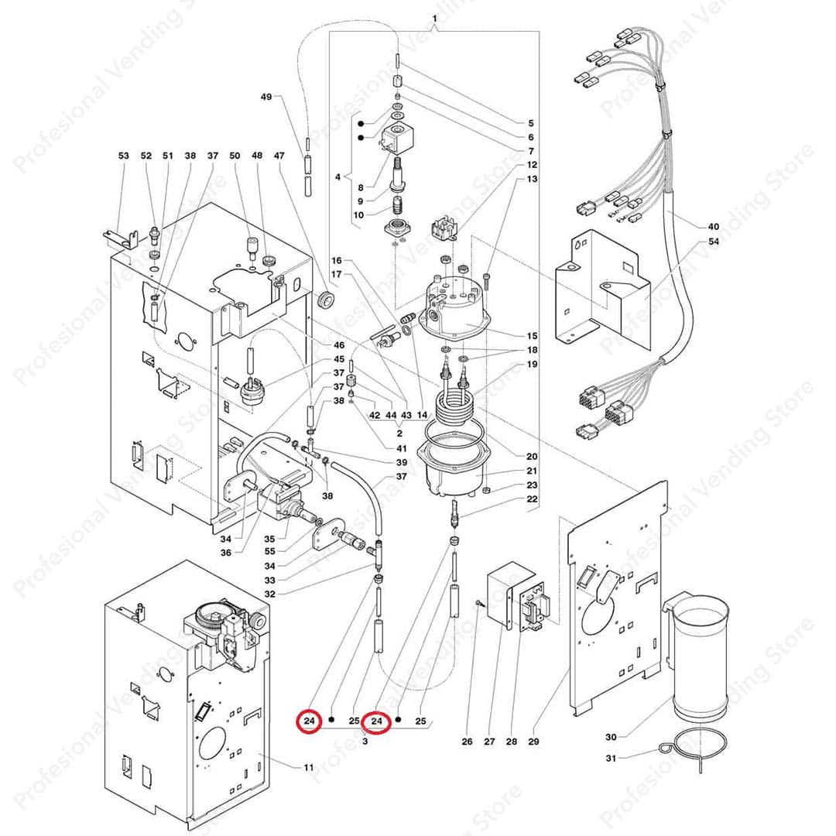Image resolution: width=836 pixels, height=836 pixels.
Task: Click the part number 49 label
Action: pos(266,97)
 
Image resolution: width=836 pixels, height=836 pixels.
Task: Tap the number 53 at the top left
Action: pos(124,156)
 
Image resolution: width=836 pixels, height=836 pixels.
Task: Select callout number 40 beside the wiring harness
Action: pos(713,227)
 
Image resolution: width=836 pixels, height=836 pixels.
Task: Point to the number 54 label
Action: pos(713,242)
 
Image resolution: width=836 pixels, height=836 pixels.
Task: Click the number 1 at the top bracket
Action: pos(434,18)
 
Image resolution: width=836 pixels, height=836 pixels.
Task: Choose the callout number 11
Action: pos(308,767)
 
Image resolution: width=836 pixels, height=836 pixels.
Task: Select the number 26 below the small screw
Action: pos(466,742)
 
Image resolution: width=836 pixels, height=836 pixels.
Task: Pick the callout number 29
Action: pos(533,742)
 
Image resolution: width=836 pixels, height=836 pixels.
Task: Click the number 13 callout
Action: pos(532,179)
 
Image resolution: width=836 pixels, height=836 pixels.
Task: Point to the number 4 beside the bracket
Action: pos(337,177)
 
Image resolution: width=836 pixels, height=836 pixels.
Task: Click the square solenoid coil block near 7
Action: pos(400,140)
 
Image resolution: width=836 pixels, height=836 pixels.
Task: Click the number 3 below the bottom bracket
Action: pos(365,741)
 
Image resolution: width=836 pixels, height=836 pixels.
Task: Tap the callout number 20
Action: pos(532,456)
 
